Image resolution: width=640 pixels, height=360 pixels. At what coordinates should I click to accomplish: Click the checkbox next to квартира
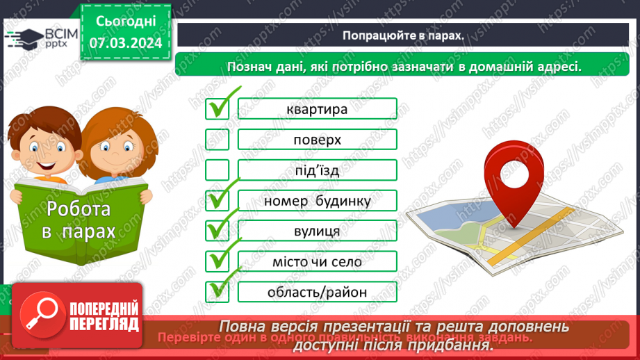[217, 109]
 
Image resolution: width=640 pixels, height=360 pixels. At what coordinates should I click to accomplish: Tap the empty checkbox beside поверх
[217, 140]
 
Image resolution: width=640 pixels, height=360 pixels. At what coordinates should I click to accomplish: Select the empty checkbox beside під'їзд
[217, 170]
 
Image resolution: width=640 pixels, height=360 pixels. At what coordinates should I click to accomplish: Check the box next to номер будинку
[217, 201]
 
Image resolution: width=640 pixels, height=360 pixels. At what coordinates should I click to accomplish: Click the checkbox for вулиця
[217, 231]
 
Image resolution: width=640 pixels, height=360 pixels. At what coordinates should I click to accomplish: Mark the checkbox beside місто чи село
[217, 261]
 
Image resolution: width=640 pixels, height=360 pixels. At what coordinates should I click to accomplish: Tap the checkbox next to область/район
[217, 292]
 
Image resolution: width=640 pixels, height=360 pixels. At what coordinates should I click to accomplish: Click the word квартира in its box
[317, 109]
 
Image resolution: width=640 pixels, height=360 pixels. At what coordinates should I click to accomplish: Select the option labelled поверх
[317, 140]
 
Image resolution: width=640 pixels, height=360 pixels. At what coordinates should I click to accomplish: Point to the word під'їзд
[317, 170]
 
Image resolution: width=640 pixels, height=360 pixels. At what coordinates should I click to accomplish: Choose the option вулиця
[317, 231]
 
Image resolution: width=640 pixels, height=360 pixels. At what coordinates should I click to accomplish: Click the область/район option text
[317, 292]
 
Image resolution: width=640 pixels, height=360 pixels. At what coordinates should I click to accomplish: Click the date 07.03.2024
[125, 42]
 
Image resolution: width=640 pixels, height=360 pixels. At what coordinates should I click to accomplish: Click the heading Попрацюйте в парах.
[403, 35]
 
